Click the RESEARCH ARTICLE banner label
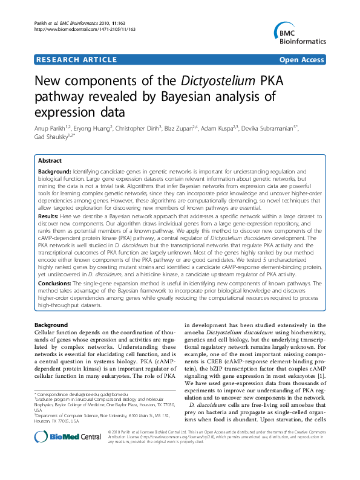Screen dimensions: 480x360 tap(77, 60)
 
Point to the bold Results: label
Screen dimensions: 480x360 tap(48, 216)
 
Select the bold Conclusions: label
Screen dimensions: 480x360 tap(54, 282)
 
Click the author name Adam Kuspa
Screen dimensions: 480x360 tap(220, 128)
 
